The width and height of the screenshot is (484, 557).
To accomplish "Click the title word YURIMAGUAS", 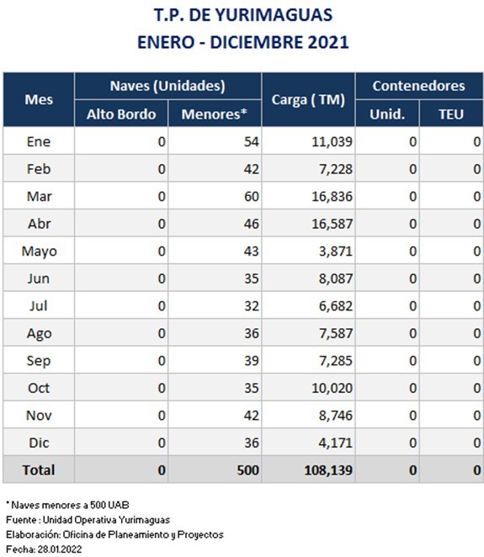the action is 274,15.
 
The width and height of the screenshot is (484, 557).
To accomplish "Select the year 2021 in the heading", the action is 328,42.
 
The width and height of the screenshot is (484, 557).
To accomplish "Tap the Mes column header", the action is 39,99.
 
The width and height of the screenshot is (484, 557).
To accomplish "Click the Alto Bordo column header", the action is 121,114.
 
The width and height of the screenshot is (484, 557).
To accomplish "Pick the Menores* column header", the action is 215,114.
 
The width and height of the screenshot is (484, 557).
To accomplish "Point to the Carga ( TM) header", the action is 308,100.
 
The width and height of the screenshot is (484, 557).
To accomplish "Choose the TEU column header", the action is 451,114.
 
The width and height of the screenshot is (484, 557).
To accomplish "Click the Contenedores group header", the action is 418,86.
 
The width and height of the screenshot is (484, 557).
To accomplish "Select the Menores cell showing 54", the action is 251,141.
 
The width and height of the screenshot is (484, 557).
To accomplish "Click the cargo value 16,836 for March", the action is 332,196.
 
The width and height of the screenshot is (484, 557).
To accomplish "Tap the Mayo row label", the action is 39,251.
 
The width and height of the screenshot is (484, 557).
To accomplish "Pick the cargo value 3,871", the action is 336,251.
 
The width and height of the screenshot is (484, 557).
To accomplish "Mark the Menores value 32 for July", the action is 251,306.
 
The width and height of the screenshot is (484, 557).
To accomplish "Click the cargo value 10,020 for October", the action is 332,388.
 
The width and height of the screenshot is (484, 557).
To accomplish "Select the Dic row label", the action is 39,443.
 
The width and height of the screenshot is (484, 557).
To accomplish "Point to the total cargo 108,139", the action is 328,470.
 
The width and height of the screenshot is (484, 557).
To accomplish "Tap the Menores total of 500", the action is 247,470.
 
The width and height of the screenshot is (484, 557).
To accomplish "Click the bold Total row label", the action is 39,470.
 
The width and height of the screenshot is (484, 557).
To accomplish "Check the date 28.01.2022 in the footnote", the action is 60,549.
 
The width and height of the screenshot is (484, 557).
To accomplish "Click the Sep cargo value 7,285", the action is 336,361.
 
